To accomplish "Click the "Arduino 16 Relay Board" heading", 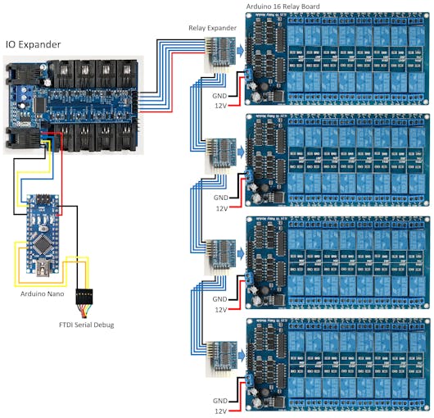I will click(283, 7).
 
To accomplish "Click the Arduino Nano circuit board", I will click(38, 225).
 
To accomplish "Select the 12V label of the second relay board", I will click(222, 209).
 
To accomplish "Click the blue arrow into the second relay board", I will click(239, 151).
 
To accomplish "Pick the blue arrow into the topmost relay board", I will click(239, 51).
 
